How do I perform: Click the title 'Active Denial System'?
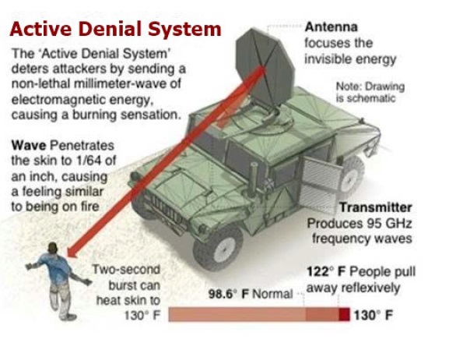click(115, 30)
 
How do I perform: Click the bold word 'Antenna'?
click(331, 27)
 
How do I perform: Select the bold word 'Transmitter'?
click(376, 207)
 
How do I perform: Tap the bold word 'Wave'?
click(29, 146)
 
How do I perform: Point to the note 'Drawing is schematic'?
click(370, 92)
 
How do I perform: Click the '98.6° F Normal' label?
click(251, 294)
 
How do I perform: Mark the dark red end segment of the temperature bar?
click(345, 314)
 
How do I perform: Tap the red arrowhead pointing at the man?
click(72, 251)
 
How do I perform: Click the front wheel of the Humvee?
click(219, 248)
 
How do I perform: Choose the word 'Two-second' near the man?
click(126, 270)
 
